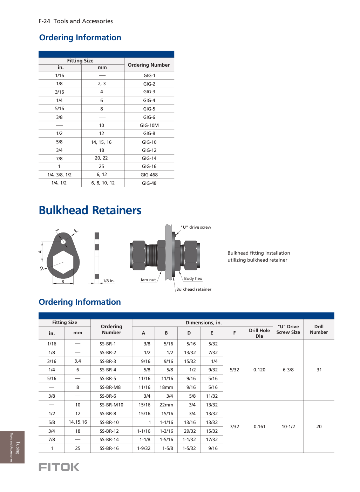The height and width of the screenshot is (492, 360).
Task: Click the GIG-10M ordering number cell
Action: (x=149, y=126)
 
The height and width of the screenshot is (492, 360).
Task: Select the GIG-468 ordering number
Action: (x=149, y=175)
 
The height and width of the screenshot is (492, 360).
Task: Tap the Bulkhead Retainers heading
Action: (x=90, y=210)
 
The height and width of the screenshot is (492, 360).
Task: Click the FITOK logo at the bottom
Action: (x=59, y=467)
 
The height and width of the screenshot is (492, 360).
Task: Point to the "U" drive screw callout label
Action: (x=196, y=227)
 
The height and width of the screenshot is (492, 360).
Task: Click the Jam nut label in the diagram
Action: (x=148, y=280)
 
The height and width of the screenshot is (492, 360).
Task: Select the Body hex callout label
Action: (x=193, y=278)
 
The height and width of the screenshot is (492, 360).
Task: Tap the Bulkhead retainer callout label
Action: (x=193, y=289)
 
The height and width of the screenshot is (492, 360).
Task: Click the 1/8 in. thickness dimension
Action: (x=109, y=281)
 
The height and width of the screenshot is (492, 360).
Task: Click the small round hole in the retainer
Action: (x=63, y=242)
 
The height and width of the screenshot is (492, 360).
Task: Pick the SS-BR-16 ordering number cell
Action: (x=109, y=449)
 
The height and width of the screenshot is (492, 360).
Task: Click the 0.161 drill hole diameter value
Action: (x=259, y=427)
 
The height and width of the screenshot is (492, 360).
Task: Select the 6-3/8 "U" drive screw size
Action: (x=288, y=370)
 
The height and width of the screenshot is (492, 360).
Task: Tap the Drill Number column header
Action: (x=319, y=329)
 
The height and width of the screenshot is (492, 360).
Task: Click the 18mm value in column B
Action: (x=166, y=387)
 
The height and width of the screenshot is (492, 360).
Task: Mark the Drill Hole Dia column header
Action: (x=259, y=333)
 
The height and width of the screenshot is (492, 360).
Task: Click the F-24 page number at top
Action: (x=45, y=21)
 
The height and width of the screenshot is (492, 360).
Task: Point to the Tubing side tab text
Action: (x=18, y=447)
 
